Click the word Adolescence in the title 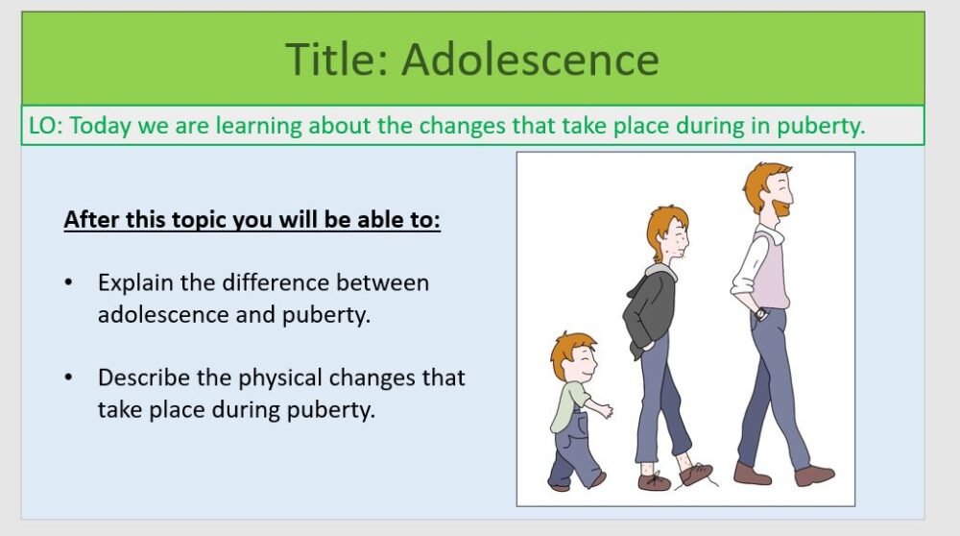(x=530, y=59)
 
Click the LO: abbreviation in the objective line (x=44, y=126)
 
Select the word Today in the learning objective (x=100, y=126)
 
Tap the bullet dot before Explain (x=68, y=283)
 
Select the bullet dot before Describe (x=68, y=378)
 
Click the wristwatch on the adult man (x=760, y=313)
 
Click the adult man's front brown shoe (x=813, y=475)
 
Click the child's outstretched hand (x=607, y=412)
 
